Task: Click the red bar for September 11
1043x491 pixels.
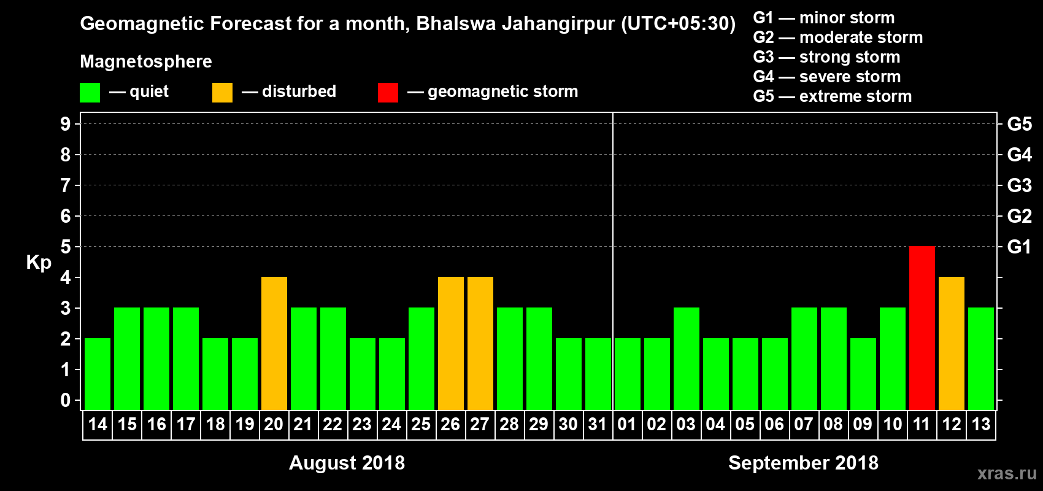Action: pos(922,328)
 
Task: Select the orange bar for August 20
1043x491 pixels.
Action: pos(274,343)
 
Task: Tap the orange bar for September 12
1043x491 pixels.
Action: pos(951,343)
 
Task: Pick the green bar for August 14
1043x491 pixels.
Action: pos(98,374)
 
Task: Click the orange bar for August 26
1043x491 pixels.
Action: pos(450,343)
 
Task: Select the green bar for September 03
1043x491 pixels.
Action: pos(686,358)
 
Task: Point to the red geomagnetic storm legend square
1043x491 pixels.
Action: pos(388,93)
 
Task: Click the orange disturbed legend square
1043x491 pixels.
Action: pos(222,93)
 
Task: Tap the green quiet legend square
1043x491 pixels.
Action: pos(90,93)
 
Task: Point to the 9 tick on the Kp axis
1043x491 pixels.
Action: pos(66,124)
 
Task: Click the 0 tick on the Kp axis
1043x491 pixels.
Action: pos(66,400)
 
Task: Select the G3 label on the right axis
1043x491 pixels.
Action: pos(1019,185)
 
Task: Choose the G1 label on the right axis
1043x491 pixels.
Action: pos(1019,247)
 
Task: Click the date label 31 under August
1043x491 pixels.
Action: pos(597,424)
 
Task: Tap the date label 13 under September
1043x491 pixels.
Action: pos(980,424)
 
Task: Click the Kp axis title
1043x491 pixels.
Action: pos(39,262)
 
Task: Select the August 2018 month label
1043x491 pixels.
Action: pos(347,463)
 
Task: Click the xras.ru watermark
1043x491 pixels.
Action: pos(1007,473)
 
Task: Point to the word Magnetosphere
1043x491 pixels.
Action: pos(146,61)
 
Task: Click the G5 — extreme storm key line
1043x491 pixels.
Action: pos(832,96)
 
